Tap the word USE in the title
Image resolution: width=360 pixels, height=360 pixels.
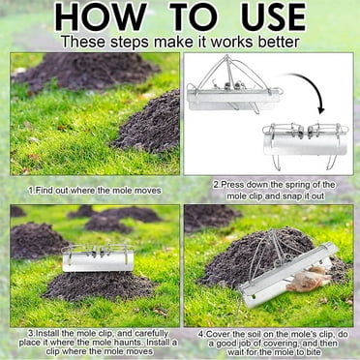click(x=285, y=17)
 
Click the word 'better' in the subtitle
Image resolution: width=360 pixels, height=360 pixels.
click(x=273, y=43)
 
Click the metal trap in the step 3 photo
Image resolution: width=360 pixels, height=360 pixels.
click(x=97, y=257)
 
